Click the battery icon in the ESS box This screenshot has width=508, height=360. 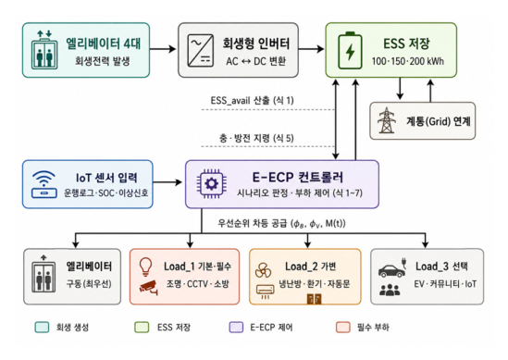[350, 50]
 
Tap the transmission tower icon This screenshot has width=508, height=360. [387, 120]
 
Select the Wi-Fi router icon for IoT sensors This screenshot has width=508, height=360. [44, 184]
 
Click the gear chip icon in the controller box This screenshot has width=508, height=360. [212, 184]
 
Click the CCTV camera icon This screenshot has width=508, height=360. [149, 288]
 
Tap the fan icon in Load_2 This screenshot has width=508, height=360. [263, 270]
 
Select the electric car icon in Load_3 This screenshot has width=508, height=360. [392, 268]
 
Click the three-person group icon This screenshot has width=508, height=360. [390, 290]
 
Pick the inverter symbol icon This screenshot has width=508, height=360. [201, 50]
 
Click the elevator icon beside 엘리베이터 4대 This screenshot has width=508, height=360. [44, 50]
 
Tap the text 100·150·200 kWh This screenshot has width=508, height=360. [407, 61]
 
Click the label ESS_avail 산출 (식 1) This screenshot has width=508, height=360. [252, 100]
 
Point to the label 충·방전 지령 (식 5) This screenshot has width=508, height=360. [256, 139]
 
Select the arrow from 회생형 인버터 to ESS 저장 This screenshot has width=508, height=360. [311, 49]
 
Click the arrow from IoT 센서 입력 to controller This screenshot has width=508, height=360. [167, 182]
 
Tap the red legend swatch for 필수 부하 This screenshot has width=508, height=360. [342, 328]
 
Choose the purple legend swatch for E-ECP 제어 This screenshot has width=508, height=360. [236, 328]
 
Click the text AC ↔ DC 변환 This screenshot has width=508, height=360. [256, 61]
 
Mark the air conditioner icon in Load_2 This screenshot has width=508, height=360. [265, 291]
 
